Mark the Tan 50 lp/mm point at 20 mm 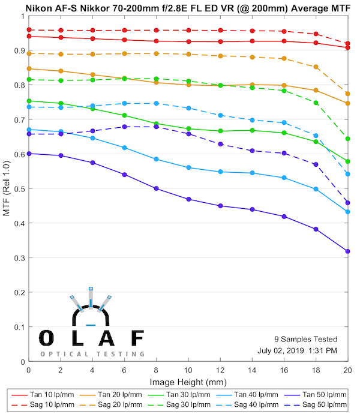pos(347,251)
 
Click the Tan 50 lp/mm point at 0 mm pos(29,154)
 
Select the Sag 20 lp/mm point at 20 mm pos(347,94)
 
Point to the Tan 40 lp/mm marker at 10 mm pos(188,167)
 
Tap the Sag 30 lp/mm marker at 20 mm pos(347,139)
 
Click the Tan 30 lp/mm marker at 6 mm pos(124,115)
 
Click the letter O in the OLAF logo pos(46,338)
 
